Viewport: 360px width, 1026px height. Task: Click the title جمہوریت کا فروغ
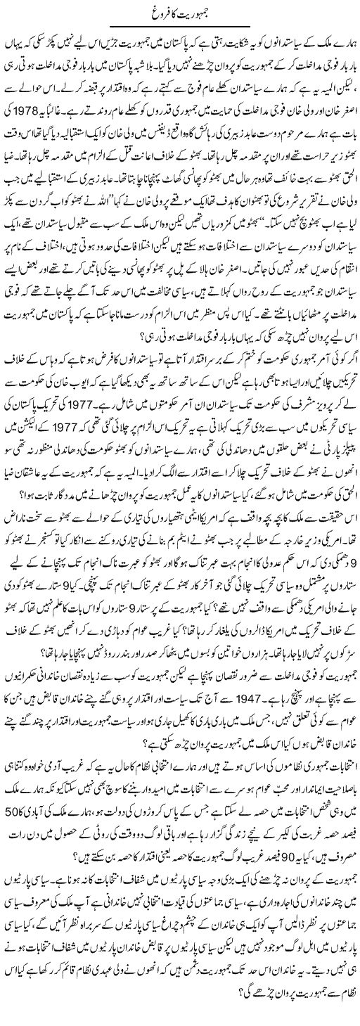point(180,12)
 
